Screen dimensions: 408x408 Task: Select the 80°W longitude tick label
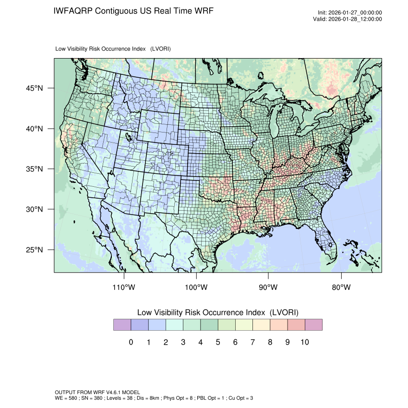pos(341,288)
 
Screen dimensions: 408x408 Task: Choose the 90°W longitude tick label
pos(269,288)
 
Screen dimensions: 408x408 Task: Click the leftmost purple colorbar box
pos(122,325)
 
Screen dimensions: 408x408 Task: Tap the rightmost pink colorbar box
pos(313,325)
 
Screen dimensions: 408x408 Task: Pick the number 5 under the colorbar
pos(218,342)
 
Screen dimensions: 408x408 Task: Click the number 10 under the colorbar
pos(305,342)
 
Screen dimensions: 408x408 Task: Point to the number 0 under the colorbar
pos(131,342)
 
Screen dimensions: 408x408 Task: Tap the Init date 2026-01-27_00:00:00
pos(355,13)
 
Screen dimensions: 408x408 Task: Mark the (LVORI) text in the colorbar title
pos(284,312)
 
